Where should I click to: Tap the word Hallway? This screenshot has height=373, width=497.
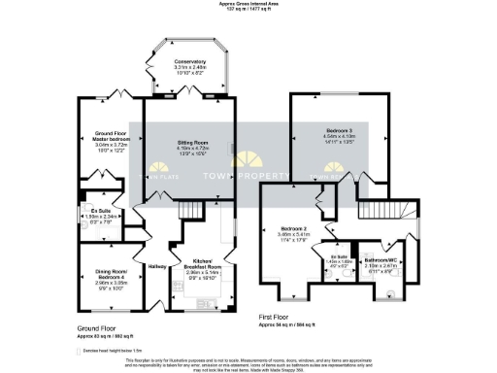tap(157, 265)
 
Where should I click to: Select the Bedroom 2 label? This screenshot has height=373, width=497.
tap(293, 226)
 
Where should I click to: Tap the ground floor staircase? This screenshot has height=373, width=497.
tap(195, 211)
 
